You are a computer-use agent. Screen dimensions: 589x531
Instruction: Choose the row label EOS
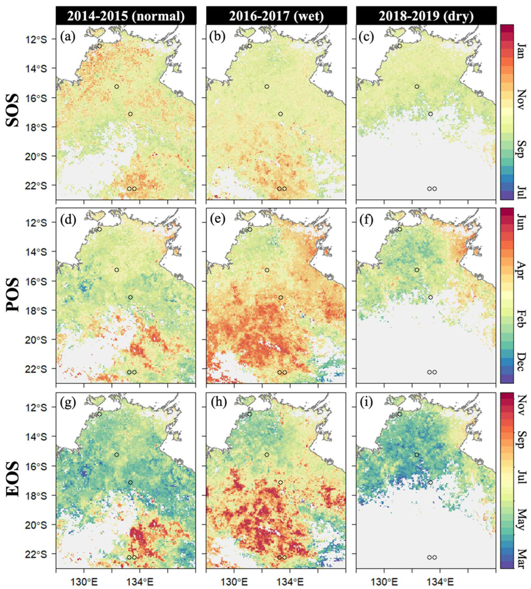pos(13,479)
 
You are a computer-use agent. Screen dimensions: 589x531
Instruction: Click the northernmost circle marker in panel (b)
pos(249,46)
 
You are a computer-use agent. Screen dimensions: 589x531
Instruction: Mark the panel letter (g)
pos(68,404)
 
